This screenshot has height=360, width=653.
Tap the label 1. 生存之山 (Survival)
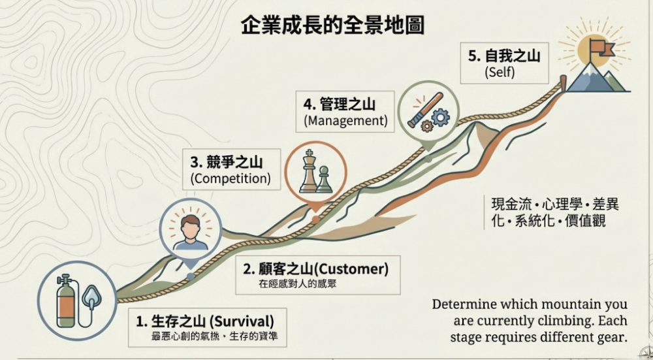pyautogui.click(x=204, y=321)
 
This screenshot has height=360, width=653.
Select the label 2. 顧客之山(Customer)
pyautogui.click(x=315, y=269)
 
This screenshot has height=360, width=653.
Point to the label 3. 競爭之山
pyautogui.click(x=226, y=159)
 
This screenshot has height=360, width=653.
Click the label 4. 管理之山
pyautogui.click(x=339, y=104)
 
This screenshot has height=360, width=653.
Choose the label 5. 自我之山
pyautogui.click(x=503, y=56)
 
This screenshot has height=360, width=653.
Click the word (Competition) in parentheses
pyautogui.click(x=230, y=177)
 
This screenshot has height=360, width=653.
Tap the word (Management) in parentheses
pyautogui.click(x=345, y=121)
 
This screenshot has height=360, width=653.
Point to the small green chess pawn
pyautogui.click(x=324, y=180)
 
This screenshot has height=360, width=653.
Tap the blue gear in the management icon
pyautogui.click(x=441, y=118)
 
